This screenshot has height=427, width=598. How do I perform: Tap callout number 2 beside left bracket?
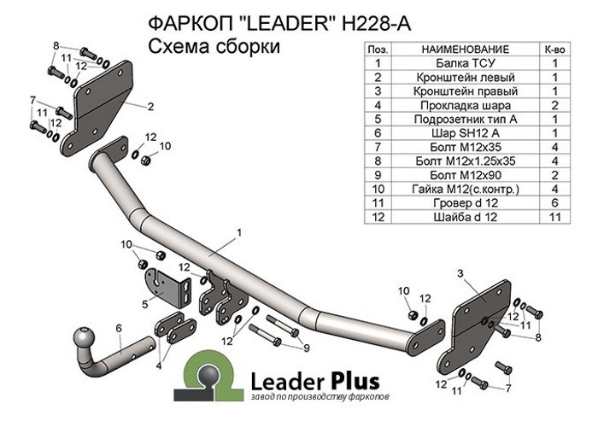149,107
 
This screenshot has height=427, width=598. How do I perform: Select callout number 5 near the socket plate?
146,301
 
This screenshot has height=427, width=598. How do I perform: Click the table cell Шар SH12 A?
466,133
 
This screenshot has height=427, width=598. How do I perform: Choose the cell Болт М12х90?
466,175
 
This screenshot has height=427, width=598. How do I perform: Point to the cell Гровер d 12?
466,203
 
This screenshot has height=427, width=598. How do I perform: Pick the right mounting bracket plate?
476,320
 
